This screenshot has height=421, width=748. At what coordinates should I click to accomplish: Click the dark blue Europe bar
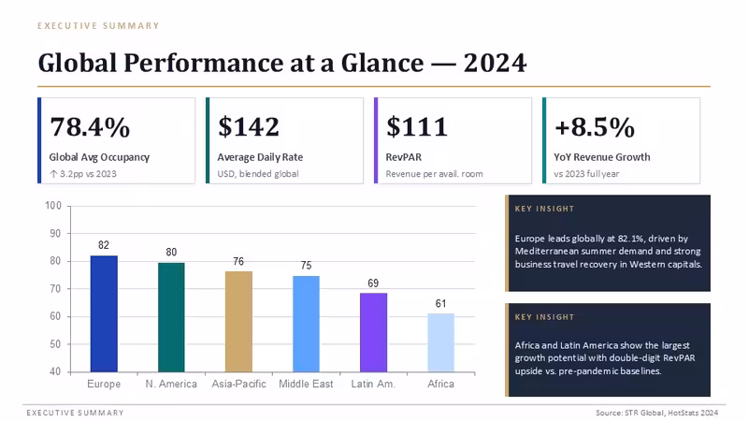point(104,313)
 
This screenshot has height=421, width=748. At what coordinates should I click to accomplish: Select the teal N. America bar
point(171,317)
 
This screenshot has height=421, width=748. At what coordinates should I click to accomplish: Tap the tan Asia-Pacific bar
point(238,322)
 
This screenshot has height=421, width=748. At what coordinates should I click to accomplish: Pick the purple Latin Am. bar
point(373,332)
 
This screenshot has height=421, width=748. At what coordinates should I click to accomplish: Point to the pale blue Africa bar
point(440,342)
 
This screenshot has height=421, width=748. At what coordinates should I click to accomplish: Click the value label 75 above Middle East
point(307,266)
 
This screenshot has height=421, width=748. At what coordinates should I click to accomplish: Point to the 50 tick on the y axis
point(55,344)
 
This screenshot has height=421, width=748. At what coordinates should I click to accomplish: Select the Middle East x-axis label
point(306,384)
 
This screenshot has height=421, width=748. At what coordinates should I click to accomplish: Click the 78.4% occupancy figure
point(90,127)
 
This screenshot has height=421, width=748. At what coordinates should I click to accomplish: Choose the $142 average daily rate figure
point(249,127)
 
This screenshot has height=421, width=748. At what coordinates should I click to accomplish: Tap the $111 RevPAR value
point(416,127)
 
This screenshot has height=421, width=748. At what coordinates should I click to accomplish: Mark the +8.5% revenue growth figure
point(595,127)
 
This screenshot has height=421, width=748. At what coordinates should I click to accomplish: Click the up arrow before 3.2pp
point(53,174)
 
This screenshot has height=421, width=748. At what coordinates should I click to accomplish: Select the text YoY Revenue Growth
point(602,157)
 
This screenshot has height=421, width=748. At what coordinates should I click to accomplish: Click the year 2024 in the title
point(496,63)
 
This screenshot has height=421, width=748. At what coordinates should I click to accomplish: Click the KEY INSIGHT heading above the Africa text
point(544,317)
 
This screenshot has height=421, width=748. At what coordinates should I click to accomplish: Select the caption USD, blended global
point(258,174)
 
